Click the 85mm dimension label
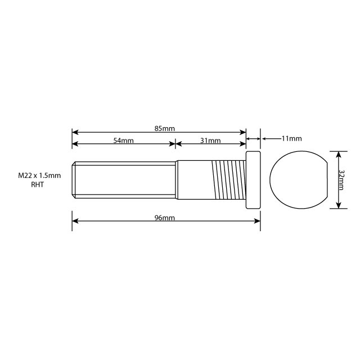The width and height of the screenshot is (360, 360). coord(165,129)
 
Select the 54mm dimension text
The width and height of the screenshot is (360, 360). coord(123,141)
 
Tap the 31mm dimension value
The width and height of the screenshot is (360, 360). coord(210,141)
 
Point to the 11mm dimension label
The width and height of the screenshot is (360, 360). coord(291,138)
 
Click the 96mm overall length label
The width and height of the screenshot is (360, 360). coord(164,218)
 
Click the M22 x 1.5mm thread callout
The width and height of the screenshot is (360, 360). coord(39,176)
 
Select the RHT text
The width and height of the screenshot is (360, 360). coord(38,184)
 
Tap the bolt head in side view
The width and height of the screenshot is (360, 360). coord(254,179)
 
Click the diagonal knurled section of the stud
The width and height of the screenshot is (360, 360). coord(228,179)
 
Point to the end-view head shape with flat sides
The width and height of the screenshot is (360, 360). coord(298,179)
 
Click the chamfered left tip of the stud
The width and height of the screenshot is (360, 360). coord(74,179)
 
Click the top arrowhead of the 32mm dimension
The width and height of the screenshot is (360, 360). coord(337,153)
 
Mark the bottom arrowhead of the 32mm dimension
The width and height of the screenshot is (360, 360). coord(337,206)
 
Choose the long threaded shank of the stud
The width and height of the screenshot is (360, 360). coord(124,179)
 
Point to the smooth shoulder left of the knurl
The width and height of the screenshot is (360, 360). coord(194,179)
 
